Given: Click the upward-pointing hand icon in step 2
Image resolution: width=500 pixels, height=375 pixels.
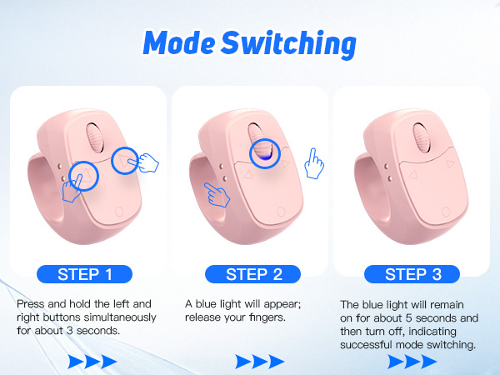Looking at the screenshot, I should [313, 163].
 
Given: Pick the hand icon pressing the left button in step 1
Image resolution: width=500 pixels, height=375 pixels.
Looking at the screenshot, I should [72, 190].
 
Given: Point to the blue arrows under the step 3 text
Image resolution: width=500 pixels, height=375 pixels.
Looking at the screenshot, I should [412, 361].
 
